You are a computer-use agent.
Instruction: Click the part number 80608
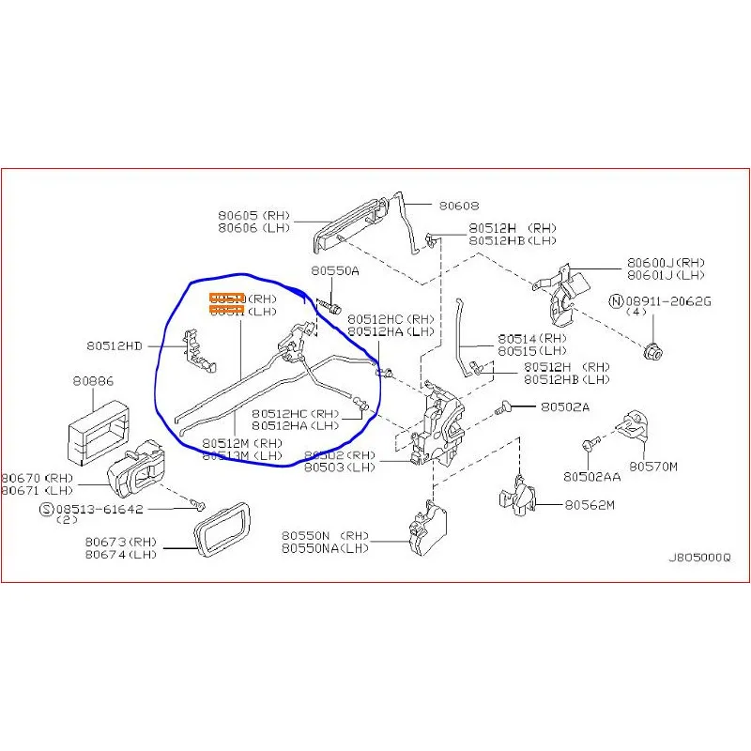pos(459,205)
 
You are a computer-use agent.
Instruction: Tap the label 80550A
pos(335,270)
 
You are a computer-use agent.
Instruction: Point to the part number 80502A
pos(565,407)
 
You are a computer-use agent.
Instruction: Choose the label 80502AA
pos(591,476)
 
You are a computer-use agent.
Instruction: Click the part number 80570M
pos(653,466)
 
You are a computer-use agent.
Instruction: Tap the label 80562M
pos(590,505)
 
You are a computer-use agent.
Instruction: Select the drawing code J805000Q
pos(697,557)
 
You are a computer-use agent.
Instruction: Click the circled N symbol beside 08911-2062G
pos(616,301)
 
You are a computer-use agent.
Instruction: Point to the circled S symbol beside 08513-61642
pos(45,509)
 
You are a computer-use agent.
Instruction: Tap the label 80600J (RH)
pos(666,263)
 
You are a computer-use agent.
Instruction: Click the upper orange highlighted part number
pos(226,299)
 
